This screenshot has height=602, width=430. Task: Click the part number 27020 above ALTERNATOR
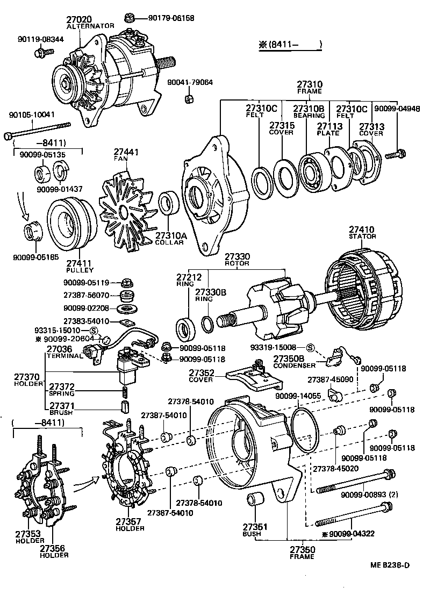tap(79, 19)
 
